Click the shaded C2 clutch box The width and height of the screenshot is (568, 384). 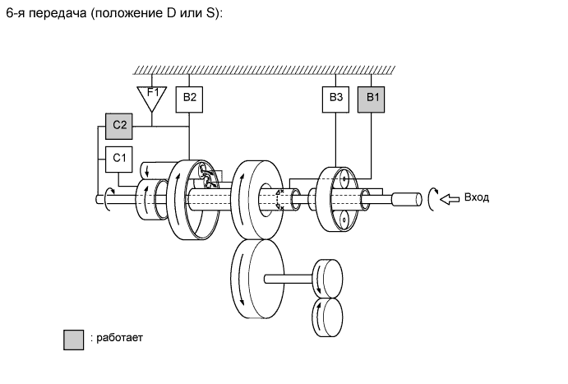(x=118, y=125)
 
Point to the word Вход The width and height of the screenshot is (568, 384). (x=478, y=197)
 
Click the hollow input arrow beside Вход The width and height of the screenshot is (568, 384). (x=450, y=198)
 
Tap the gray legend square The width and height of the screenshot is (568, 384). (x=74, y=339)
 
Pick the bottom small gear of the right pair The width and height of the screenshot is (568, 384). (x=328, y=316)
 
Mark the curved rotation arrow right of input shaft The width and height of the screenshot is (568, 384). (x=432, y=198)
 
